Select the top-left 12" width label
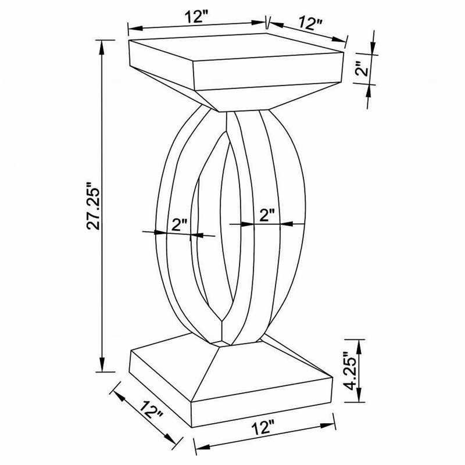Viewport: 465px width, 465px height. pos(197,17)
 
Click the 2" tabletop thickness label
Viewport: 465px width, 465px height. pos(362,69)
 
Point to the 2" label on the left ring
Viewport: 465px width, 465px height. pos(180,226)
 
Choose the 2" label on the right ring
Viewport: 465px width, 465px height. pos(267,215)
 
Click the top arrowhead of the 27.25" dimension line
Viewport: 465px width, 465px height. pos(102,48)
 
